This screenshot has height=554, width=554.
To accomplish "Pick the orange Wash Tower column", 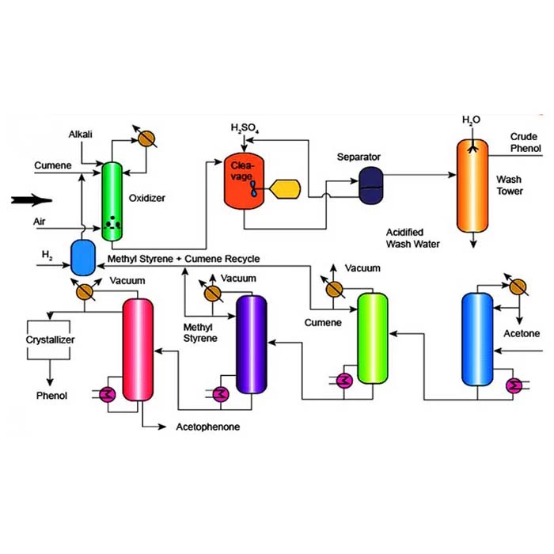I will point(472,184).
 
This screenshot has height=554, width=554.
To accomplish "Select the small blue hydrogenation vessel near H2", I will point(82,257).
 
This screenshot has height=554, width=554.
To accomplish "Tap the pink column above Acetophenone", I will point(136,349).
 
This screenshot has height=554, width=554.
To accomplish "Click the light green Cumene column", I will point(372,336).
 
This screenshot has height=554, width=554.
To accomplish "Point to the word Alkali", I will point(82,135).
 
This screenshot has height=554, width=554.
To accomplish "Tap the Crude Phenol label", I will point(524,142).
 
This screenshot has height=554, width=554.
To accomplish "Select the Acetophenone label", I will point(207,427).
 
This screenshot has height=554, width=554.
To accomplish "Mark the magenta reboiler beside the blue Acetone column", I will point(514,385).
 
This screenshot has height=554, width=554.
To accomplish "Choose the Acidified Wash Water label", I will point(412,237).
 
